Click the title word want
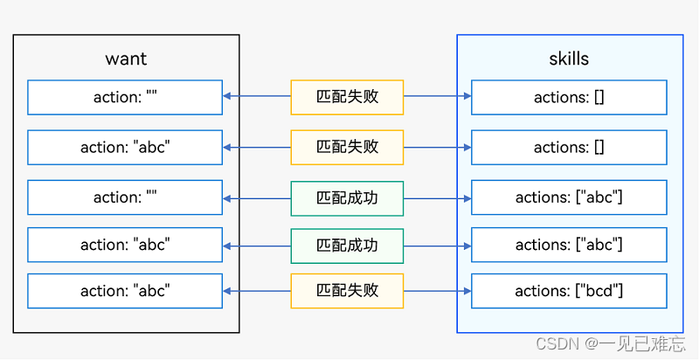(x=126, y=59)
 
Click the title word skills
(x=569, y=59)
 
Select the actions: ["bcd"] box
(x=569, y=291)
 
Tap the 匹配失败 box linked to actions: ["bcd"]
(x=347, y=291)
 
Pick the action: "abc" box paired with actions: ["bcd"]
(x=125, y=291)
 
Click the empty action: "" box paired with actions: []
(x=125, y=97)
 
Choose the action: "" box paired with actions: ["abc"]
(x=125, y=197)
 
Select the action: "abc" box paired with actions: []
(x=125, y=147)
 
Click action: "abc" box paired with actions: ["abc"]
(x=125, y=245)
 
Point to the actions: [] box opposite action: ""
(x=569, y=97)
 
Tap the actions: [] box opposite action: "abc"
(x=569, y=147)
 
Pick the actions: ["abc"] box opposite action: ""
(x=569, y=197)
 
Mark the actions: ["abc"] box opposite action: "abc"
(x=569, y=245)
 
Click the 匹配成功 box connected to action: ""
(x=347, y=197)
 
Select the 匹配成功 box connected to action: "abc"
(x=347, y=245)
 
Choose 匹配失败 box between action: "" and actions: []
(x=347, y=97)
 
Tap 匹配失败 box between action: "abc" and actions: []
(x=347, y=147)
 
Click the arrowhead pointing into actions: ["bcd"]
(x=467, y=291)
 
